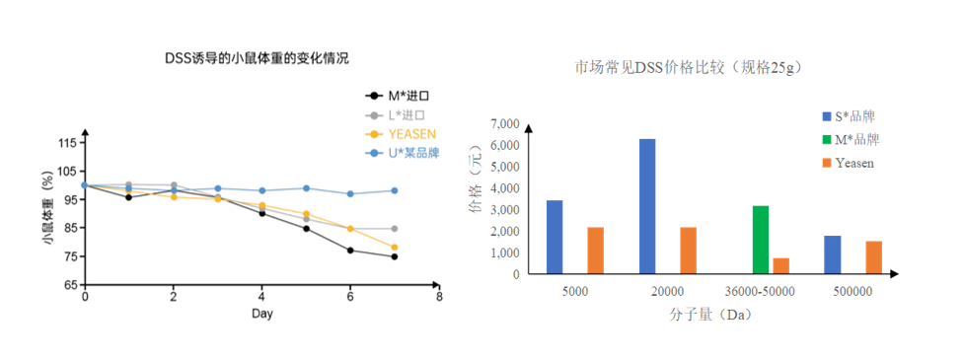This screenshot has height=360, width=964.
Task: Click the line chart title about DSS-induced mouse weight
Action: [256, 58]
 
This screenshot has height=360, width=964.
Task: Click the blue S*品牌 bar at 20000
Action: [647, 206]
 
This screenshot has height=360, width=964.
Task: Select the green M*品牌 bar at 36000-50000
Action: [760, 240]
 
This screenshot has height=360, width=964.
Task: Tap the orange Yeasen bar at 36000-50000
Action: [781, 265]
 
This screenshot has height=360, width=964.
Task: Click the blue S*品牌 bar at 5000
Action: [555, 237]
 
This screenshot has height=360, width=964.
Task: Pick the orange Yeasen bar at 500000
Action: [874, 257]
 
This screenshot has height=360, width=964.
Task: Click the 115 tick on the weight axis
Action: [67, 143]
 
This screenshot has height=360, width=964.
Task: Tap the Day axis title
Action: [261, 314]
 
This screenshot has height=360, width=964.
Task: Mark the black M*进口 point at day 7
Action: [395, 256]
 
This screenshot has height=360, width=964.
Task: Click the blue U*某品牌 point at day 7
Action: [395, 190]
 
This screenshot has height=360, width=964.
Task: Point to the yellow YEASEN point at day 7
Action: [395, 248]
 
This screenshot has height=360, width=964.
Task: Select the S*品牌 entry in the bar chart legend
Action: [854, 115]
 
